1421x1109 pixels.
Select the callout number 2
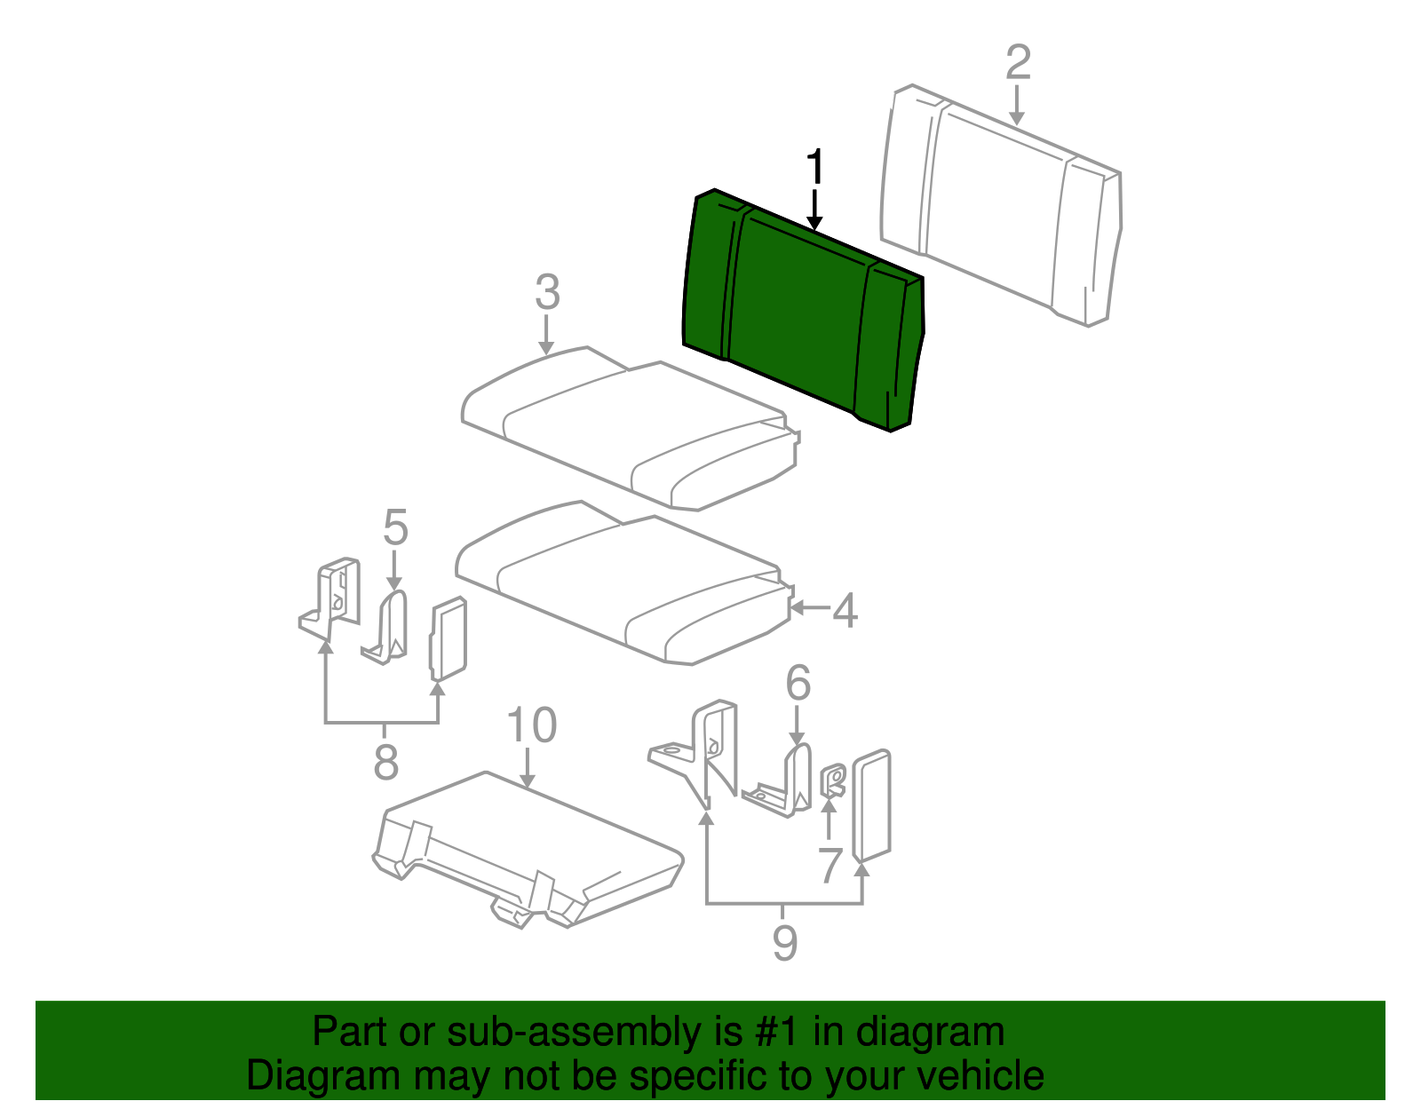(x=1018, y=63)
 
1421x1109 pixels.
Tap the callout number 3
(x=547, y=292)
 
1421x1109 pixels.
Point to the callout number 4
(x=845, y=610)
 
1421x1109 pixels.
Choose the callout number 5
(x=395, y=527)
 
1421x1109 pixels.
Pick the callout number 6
(x=798, y=684)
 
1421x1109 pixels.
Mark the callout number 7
(x=830, y=865)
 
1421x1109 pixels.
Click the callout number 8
(x=385, y=762)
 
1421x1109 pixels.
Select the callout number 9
(x=785, y=943)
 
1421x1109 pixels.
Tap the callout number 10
(x=532, y=725)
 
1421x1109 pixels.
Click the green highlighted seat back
(x=803, y=310)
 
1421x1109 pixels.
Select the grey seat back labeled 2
(x=1002, y=205)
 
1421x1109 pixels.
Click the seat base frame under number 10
(x=528, y=850)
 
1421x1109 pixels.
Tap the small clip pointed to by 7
(x=833, y=780)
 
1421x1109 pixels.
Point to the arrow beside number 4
(x=810, y=608)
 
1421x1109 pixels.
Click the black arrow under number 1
(x=814, y=210)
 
